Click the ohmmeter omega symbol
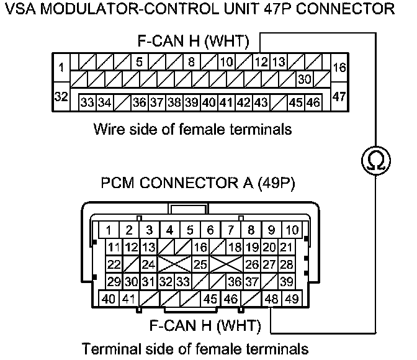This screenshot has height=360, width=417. [376, 161]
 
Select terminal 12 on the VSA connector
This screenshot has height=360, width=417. [261, 62]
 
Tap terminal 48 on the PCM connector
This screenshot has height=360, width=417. [271, 299]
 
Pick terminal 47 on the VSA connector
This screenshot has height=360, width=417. [339, 97]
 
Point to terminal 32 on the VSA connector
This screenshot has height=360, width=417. [60, 97]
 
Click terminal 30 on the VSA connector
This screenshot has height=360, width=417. [304, 79]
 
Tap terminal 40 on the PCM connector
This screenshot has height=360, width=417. [108, 299]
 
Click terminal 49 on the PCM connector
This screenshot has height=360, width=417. [290, 299]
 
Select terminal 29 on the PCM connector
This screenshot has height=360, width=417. [114, 281]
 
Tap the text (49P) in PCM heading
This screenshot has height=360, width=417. [273, 184]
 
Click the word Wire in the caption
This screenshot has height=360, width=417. [106, 130]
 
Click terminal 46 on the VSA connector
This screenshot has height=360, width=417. [314, 101]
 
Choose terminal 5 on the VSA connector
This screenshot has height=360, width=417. [140, 62]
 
